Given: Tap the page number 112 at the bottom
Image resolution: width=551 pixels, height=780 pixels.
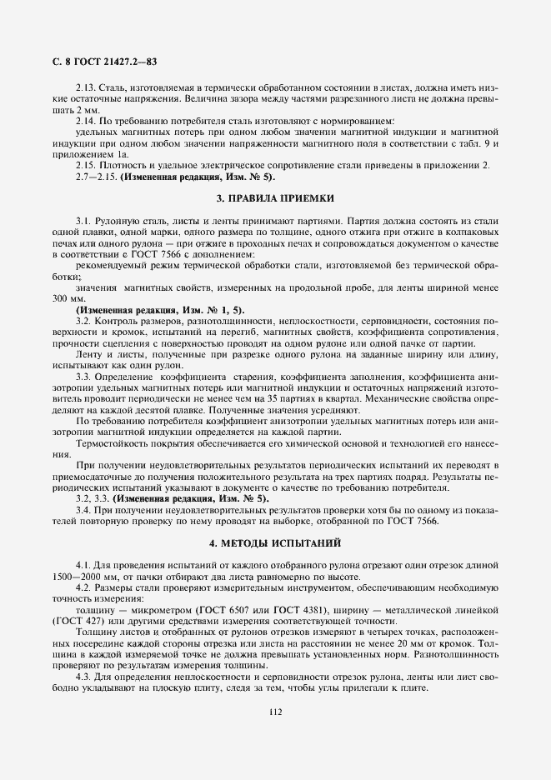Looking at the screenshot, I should tap(275, 712).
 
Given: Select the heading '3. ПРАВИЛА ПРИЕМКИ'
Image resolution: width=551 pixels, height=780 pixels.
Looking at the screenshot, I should tap(275, 198).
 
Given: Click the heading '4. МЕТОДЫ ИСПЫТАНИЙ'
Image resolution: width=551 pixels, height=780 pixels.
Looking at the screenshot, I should tap(275, 542).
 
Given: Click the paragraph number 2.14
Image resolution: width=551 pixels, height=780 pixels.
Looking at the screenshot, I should tap(86, 121).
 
